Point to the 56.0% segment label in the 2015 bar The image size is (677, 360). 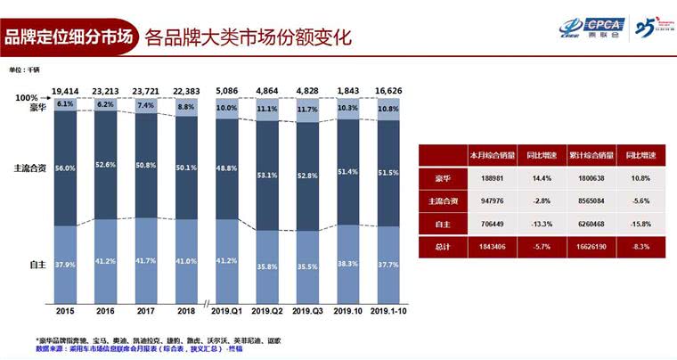tap(62, 168)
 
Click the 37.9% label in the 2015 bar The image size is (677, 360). tap(62, 265)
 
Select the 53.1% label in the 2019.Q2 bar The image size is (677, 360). tap(267, 175)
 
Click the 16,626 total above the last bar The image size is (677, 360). tap(389, 91)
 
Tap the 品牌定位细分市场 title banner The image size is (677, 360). tap(68, 37)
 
